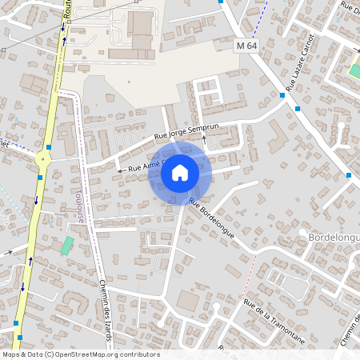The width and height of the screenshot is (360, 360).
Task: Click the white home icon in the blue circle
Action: [x=180, y=173]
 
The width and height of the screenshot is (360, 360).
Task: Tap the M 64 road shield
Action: [x=247, y=46]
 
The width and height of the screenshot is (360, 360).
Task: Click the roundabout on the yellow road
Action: [x=42, y=159]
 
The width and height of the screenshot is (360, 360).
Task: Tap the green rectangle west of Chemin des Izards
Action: [x=67, y=246]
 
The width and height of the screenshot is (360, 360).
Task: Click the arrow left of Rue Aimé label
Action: [x=120, y=170]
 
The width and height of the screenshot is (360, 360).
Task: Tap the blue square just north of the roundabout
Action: [x=50, y=147]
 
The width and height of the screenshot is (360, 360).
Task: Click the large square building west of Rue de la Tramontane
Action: [x=188, y=302]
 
